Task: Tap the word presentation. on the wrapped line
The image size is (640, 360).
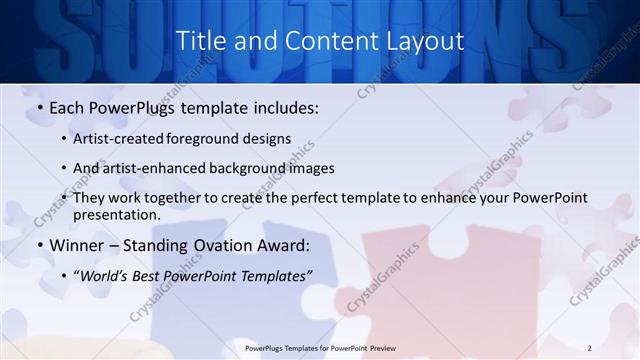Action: click(116, 214)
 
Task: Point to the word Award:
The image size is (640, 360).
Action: click(288, 246)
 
